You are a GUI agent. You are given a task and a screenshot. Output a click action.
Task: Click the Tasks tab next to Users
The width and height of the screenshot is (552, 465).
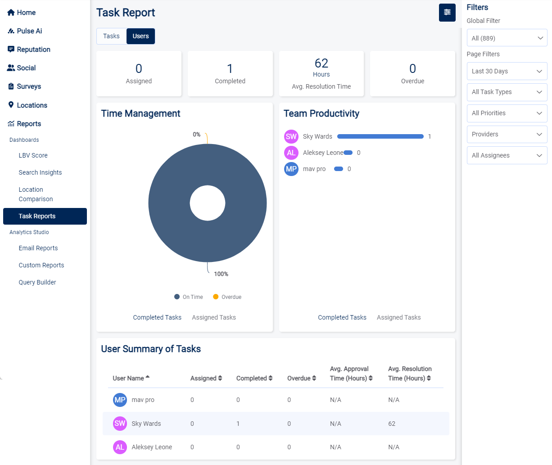[111, 36]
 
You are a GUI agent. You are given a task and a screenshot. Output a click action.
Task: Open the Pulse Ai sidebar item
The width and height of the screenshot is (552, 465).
[29, 31]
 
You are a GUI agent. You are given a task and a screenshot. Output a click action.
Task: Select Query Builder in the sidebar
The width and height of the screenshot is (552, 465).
[37, 282]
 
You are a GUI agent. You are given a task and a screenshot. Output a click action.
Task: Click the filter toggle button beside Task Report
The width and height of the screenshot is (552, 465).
[447, 13]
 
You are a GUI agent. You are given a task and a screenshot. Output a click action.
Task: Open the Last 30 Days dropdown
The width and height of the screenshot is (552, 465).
[507, 71]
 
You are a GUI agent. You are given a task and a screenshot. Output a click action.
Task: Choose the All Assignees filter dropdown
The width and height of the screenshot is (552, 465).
[507, 155]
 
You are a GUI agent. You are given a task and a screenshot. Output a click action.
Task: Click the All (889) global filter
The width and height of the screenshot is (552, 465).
[507, 38]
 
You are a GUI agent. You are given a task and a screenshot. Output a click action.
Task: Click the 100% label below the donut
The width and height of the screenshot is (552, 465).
[221, 274]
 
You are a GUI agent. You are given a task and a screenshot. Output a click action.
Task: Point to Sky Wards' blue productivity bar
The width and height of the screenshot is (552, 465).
[380, 136]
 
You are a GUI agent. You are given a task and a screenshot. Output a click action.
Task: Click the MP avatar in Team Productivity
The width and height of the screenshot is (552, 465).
[291, 169]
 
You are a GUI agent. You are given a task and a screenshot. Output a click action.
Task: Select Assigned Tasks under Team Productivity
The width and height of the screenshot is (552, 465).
[398, 317]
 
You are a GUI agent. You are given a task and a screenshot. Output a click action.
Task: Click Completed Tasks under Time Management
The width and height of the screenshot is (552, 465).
[157, 317]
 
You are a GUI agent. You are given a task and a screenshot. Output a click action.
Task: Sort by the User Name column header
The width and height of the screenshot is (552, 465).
[131, 378]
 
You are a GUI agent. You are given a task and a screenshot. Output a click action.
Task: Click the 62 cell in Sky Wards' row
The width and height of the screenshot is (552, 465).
[392, 424]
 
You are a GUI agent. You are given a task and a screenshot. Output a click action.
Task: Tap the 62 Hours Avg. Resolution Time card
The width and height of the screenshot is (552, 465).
[321, 73]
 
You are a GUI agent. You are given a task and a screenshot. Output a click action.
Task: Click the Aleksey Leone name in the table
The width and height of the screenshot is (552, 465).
[152, 447]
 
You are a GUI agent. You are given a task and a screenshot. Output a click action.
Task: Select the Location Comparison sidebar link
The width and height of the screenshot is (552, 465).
[36, 194]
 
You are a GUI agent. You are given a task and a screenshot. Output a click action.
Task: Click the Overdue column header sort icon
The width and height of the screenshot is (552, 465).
[314, 378]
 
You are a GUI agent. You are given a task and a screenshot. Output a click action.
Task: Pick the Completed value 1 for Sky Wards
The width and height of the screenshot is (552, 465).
[238, 424]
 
